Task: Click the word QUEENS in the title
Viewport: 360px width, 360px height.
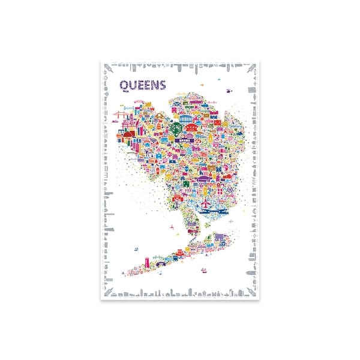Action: (x=142, y=85)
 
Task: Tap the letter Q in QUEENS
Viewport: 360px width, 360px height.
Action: (x=123, y=85)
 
